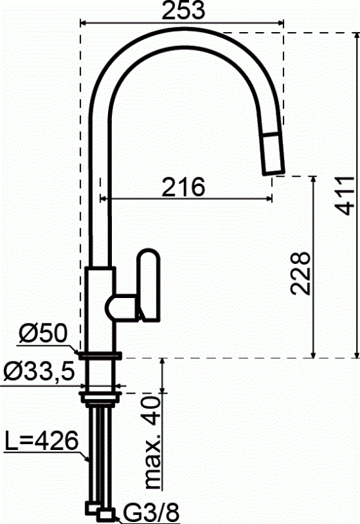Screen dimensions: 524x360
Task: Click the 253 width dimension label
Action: pos(183,10)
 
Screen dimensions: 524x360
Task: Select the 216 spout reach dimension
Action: pos(183,187)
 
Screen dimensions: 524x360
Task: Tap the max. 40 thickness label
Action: pos(153,443)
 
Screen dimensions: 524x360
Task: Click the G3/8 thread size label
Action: pos(142,511)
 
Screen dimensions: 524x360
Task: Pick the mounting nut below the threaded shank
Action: pos(99,395)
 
